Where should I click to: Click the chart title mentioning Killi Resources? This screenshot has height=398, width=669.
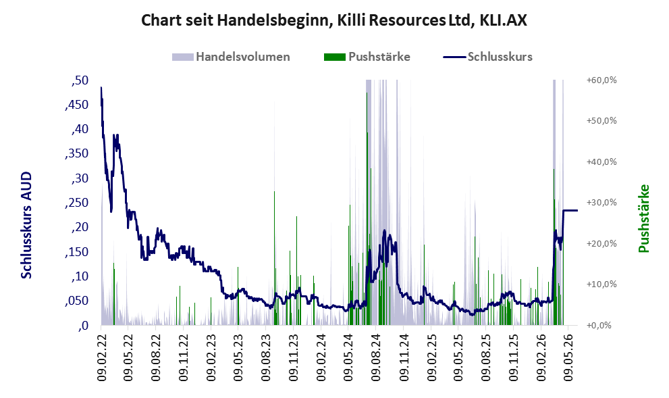point(334,20)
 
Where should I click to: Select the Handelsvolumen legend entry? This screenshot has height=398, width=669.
point(231,57)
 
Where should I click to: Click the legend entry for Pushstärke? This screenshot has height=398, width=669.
point(367,57)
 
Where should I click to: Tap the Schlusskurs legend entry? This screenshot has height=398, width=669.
point(487,57)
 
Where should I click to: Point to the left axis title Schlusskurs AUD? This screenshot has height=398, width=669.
point(26,225)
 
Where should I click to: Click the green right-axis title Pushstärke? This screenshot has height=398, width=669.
point(643,218)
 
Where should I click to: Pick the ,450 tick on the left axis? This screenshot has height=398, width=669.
point(77,105)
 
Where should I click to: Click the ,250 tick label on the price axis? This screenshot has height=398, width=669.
point(77,203)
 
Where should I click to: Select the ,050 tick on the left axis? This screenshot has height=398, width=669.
point(77,301)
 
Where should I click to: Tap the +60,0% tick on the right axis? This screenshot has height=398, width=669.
point(601,80)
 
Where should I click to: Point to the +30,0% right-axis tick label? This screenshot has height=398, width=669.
point(601,203)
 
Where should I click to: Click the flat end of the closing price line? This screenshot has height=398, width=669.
point(577,211)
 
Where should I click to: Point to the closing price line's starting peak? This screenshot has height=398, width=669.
point(101,88)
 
